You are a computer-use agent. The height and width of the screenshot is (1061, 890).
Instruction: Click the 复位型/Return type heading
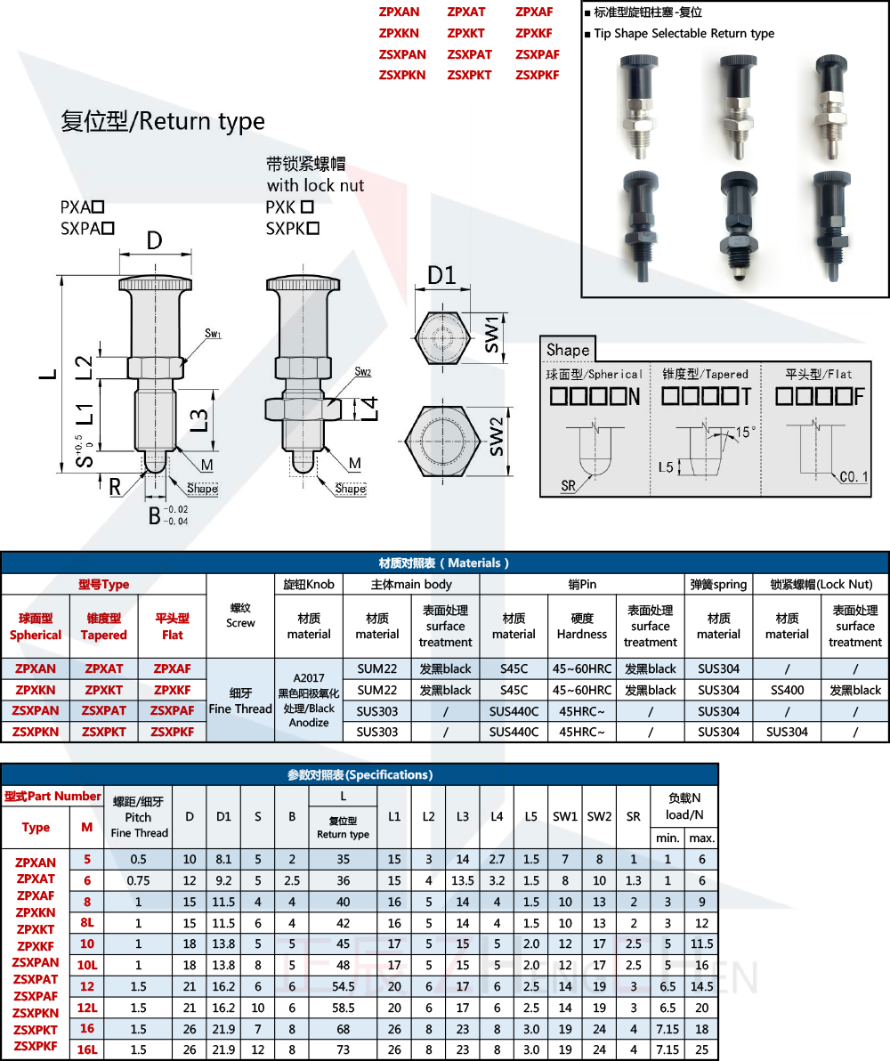click(163, 121)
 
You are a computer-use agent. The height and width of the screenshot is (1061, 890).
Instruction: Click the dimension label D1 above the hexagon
click(441, 275)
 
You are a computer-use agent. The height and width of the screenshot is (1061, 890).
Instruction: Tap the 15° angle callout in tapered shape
click(745, 433)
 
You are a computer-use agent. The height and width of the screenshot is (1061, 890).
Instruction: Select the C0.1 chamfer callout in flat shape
click(854, 477)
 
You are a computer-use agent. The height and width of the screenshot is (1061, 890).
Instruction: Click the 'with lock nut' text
click(315, 185)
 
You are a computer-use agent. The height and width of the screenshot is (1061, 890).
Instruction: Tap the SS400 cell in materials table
click(787, 690)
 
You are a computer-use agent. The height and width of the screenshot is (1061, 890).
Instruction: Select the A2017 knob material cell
click(309, 700)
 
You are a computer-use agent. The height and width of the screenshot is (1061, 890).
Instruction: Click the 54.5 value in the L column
click(343, 986)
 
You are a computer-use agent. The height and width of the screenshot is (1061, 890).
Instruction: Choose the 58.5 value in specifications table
click(343, 1008)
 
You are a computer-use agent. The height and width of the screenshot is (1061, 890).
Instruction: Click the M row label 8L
click(86, 923)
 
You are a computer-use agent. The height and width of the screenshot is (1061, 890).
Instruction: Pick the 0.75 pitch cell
click(138, 880)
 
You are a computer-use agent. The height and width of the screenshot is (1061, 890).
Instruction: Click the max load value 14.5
click(701, 986)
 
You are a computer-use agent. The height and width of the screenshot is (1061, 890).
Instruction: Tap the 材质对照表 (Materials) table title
click(444, 563)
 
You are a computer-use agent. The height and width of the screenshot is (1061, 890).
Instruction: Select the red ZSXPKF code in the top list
click(537, 75)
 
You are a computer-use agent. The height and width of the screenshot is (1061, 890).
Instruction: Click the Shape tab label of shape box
click(568, 350)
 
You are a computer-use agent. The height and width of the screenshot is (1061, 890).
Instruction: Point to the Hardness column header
click(582, 626)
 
